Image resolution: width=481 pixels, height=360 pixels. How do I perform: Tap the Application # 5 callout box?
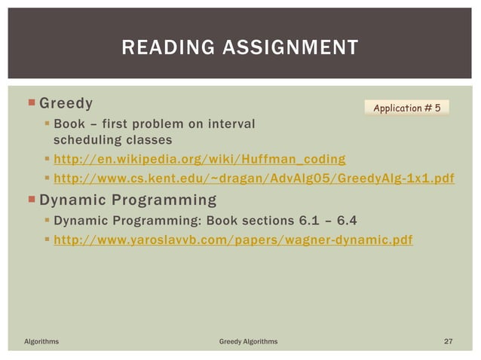[x=407, y=108]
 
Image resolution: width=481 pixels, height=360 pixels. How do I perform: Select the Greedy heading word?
[x=66, y=103]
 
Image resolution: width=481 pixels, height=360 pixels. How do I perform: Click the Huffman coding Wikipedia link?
[x=200, y=159]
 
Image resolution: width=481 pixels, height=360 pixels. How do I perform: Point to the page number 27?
[x=448, y=342]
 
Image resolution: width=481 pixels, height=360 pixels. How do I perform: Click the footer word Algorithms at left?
[x=41, y=342]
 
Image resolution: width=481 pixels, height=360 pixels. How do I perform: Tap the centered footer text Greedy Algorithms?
[x=248, y=342]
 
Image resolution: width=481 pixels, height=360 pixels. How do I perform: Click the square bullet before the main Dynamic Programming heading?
[x=31, y=200]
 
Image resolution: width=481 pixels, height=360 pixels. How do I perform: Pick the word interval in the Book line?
[x=232, y=123]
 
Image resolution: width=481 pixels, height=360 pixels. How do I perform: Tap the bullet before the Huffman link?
[x=47, y=159]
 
